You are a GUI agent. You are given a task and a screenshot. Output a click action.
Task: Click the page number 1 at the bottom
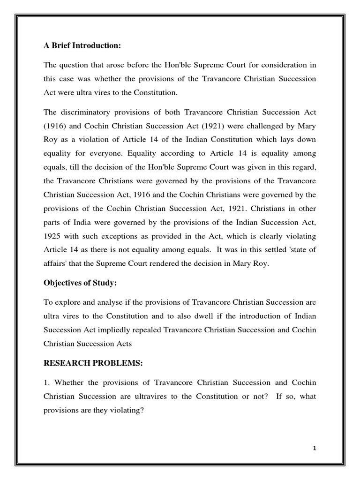pyautogui.click(x=315, y=449)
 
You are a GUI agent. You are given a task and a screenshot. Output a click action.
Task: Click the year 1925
pyautogui.click(x=53, y=236)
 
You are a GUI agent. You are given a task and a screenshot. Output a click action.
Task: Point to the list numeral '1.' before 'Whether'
pyautogui.click(x=46, y=383)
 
